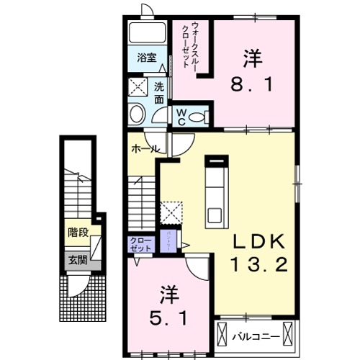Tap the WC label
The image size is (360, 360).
180,117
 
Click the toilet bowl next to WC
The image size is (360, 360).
201,115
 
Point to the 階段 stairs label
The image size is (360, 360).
78,232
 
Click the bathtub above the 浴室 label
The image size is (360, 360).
148,33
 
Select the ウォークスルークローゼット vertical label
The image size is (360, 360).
189,43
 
